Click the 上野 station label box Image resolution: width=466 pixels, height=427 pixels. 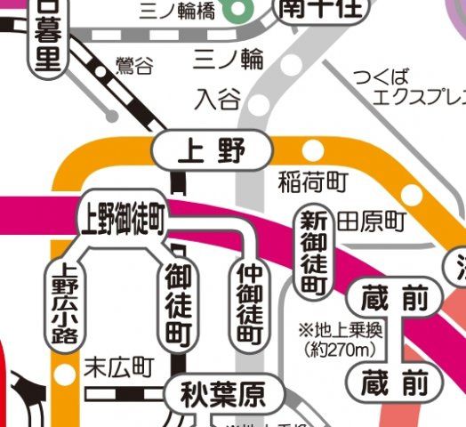(x=211, y=150)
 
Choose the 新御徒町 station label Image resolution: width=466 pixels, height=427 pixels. (x=312, y=253)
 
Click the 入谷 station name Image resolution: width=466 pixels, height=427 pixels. (x=218, y=98)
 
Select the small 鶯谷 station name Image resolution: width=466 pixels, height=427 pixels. (x=134, y=66)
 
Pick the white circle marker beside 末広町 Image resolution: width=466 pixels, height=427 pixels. (x=64, y=371)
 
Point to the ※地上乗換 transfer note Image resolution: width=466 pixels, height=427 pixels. (x=341, y=331)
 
